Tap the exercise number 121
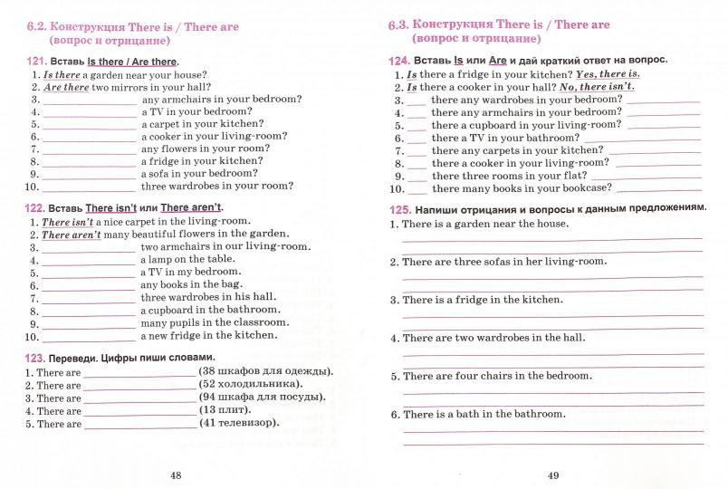click(39, 62)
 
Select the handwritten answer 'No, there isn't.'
click(596, 87)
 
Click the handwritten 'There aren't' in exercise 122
click(72, 234)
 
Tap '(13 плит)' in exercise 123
click(225, 410)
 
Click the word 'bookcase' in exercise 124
click(584, 188)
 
